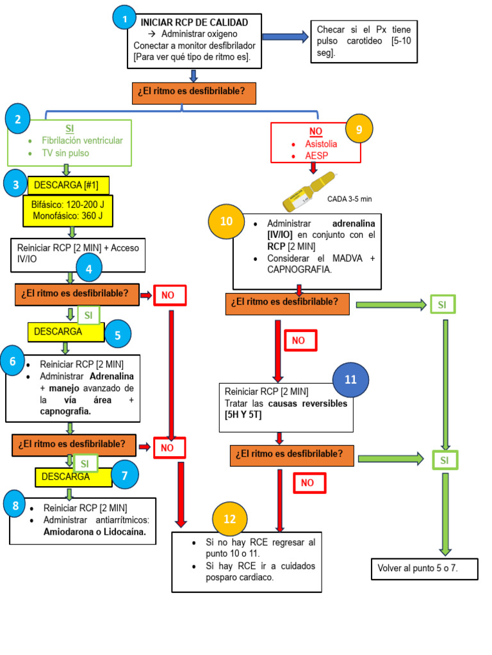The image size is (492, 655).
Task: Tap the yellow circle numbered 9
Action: pyautogui.click(x=359, y=130)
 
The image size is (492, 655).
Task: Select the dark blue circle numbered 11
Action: pyautogui.click(x=350, y=379)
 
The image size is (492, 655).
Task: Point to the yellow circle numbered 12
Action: pyautogui.click(x=229, y=517)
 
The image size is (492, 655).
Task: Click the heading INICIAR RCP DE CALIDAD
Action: pyautogui.click(x=194, y=23)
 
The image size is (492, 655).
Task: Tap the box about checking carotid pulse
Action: pyautogui.click(x=364, y=42)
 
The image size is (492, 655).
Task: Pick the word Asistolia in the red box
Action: pyautogui.click(x=321, y=144)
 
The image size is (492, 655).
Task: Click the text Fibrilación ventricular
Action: pyautogui.click(x=82, y=140)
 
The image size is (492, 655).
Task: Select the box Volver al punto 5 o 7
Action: pyautogui.click(x=424, y=568)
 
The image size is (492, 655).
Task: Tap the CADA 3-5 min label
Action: pyautogui.click(x=349, y=199)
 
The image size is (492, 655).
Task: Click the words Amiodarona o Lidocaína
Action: pyautogui.click(x=95, y=532)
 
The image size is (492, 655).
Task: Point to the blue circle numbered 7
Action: pyautogui.click(x=124, y=475)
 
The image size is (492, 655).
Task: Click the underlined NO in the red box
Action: pyautogui.click(x=316, y=131)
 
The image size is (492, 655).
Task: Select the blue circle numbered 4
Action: pyautogui.click(x=89, y=269)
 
